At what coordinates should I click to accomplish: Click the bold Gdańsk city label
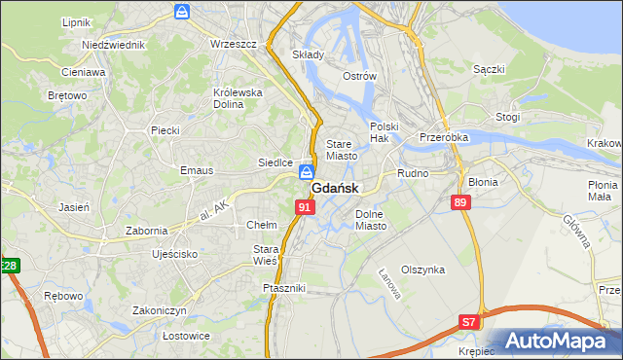point(337,189)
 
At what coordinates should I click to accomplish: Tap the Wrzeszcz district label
point(233,44)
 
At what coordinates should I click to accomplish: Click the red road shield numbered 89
point(461,201)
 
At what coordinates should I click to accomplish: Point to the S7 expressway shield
point(470,321)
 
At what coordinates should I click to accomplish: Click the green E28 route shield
point(9,265)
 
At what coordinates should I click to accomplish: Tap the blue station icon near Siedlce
point(307,171)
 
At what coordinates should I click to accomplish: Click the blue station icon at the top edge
point(182,12)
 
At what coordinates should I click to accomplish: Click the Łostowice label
point(160,336)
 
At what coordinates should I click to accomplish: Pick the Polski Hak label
point(385,132)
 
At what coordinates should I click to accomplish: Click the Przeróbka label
point(444,137)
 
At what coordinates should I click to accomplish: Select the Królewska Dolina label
point(238,98)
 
